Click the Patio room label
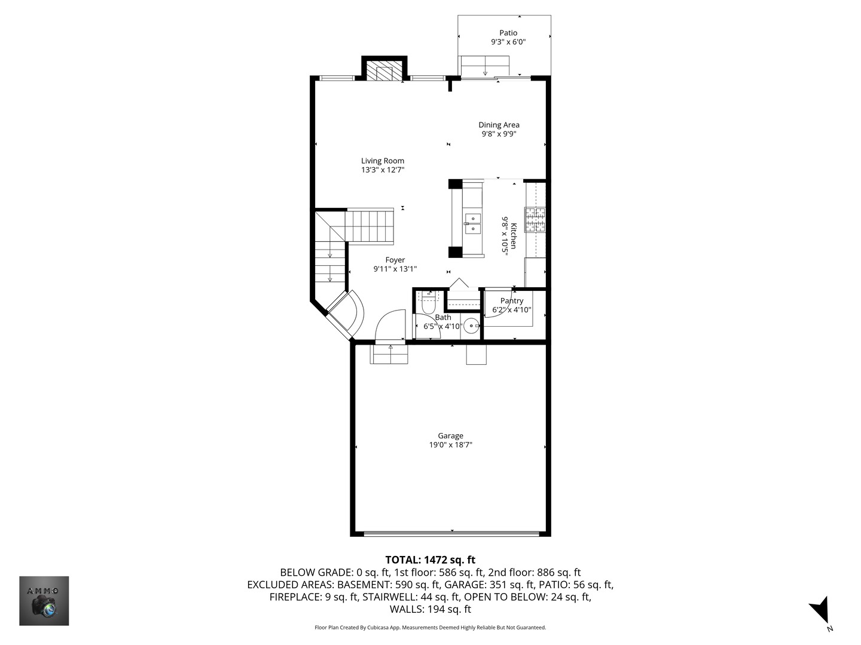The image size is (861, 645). click(x=508, y=33)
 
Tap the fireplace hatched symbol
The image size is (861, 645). click(x=380, y=72)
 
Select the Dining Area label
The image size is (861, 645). click(x=499, y=125)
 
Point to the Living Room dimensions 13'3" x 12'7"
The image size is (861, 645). click(x=383, y=170)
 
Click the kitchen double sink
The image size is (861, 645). click(x=473, y=223)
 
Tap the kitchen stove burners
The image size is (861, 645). click(x=535, y=219)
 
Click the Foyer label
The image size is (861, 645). click(x=395, y=260)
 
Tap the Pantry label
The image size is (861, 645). click(x=512, y=301)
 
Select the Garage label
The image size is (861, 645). click(x=450, y=436)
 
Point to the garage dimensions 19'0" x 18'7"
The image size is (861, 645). click(x=450, y=445)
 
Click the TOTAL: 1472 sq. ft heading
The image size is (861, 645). click(x=430, y=560)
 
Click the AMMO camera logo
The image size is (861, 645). click(x=44, y=601)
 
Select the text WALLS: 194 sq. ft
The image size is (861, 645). click(x=430, y=609)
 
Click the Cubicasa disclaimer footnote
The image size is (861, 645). click(x=430, y=628)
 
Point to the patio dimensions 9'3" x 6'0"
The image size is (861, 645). click(x=508, y=42)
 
